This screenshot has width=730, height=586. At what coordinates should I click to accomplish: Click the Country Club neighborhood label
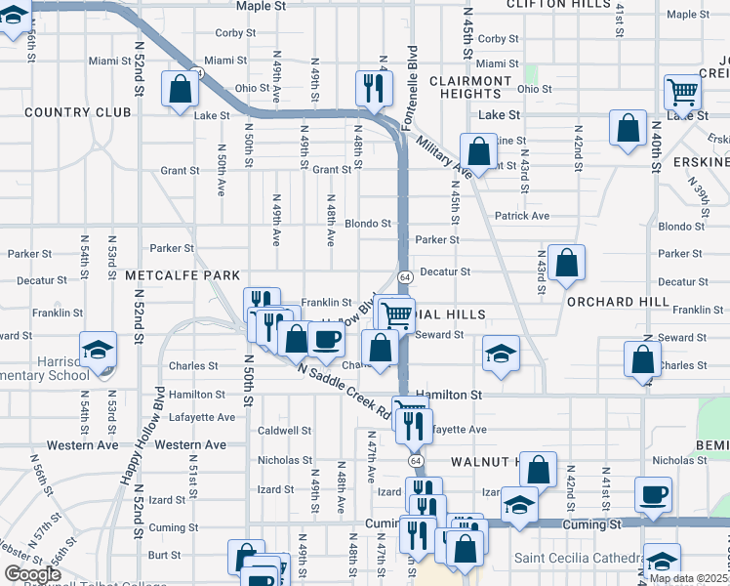click(78, 112)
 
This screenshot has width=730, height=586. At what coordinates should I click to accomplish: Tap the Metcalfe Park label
click(176, 276)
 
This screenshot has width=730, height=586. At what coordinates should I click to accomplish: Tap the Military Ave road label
click(444, 157)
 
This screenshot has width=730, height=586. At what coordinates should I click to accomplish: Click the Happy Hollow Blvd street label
click(157, 435)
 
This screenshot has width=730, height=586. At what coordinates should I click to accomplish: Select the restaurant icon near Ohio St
click(372, 89)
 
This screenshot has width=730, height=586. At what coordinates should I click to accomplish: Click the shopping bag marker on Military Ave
click(478, 151)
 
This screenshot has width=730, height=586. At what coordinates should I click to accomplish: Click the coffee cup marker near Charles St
click(327, 339)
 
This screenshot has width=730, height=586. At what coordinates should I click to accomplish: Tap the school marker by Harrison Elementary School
click(98, 350)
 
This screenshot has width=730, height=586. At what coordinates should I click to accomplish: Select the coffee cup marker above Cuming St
click(653, 493)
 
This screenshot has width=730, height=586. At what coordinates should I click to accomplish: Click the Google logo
click(33, 574)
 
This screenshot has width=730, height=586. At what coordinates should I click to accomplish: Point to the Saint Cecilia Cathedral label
click(577, 558)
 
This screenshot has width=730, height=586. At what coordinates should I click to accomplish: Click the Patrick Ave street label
click(522, 216)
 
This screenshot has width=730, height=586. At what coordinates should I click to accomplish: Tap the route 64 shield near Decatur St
click(404, 278)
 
